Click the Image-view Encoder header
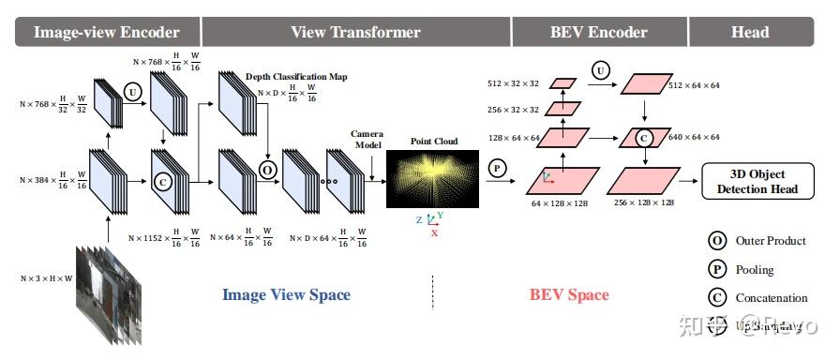pyautogui.click(x=106, y=32)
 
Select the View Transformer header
pyautogui.click(x=355, y=32)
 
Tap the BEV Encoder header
pyautogui.click(x=598, y=32)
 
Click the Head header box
pyautogui.click(x=749, y=32)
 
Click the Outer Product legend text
pyautogui.click(x=771, y=241)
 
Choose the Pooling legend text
pyautogui.click(x=755, y=269)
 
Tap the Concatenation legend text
pyautogui.click(x=772, y=298)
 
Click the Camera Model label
pyautogui.click(x=367, y=140)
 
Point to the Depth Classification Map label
pyautogui.click(x=296, y=77)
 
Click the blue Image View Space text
pyautogui.click(x=286, y=294)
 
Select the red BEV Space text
pyautogui.click(x=569, y=294)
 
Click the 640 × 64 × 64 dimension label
pyautogui.click(x=693, y=137)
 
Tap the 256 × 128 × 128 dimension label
pyautogui.click(x=644, y=202)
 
